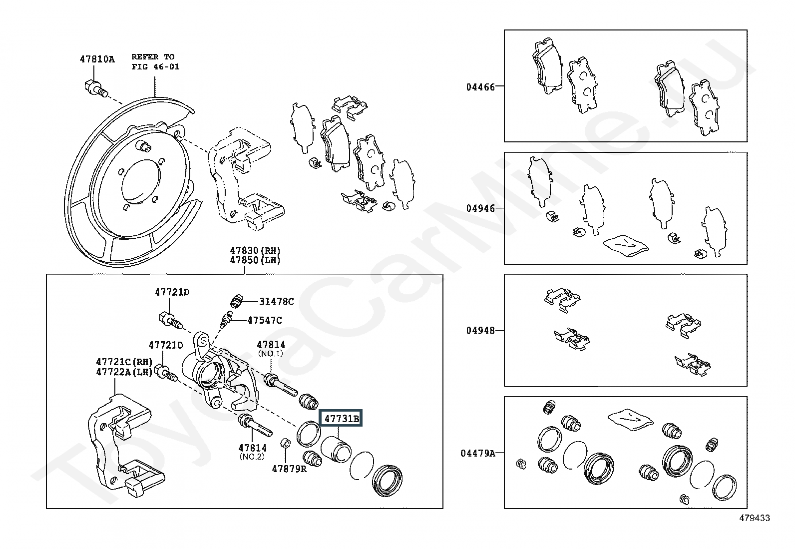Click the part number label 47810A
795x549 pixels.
(x=97, y=59)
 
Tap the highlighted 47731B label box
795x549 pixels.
(x=342, y=419)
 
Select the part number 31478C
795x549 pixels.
(x=276, y=301)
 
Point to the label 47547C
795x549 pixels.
(x=265, y=320)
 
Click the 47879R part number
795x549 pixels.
(x=289, y=469)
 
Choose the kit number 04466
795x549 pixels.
(x=480, y=87)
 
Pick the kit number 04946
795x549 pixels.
(x=480, y=208)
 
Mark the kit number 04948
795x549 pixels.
(x=480, y=330)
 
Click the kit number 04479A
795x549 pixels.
(x=478, y=453)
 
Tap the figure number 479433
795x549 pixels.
(x=755, y=518)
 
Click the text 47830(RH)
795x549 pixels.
(x=255, y=250)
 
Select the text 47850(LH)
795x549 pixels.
(x=255, y=260)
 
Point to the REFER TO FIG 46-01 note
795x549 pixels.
(x=155, y=61)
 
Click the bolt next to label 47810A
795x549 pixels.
(x=94, y=89)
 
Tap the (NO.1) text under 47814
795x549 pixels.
(x=271, y=354)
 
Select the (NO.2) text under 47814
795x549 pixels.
(x=252, y=457)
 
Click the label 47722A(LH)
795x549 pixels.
(x=124, y=372)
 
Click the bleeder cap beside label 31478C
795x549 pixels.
(x=236, y=301)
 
